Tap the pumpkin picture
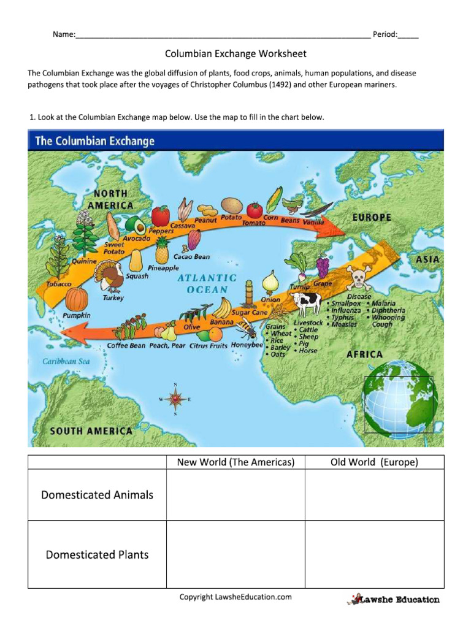77,299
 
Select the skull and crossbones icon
358,279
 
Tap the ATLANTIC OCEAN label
207,284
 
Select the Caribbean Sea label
66,361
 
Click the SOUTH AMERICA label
91,431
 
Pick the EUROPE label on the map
372,217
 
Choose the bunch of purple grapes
323,267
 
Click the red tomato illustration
161,215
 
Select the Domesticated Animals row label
97,495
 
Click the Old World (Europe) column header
374,462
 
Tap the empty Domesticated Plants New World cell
235,554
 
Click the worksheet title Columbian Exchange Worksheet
235,54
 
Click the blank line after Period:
408,34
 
